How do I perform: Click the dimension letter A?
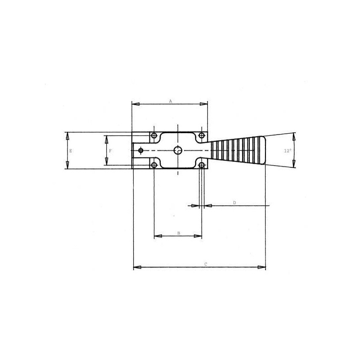pos(171,101)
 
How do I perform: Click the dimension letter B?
pos(179,233)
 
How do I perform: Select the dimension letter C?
pos(206,264)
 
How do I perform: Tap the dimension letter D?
pos(234,203)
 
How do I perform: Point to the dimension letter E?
pos(71,151)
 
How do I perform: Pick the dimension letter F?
pos(110,151)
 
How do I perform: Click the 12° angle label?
pos(288,151)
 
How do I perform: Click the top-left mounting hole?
pos(154,135)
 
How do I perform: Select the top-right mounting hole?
pos(202,135)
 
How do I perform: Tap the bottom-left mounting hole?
pos(154,165)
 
